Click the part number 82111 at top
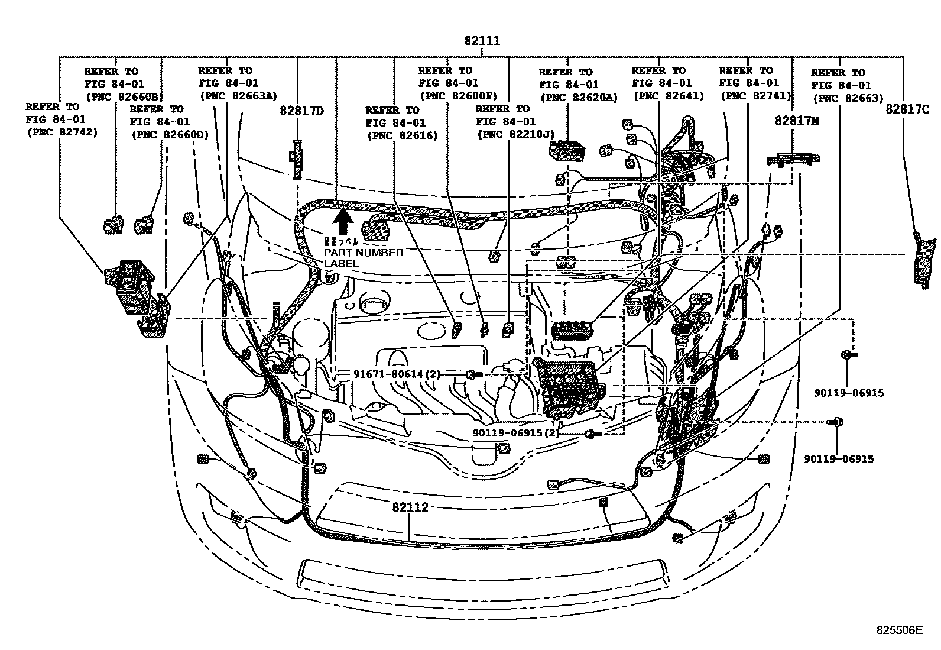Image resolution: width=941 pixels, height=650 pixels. tap(482, 41)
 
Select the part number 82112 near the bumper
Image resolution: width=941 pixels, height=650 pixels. tap(410, 507)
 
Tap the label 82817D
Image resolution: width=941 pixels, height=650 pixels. tap(301, 111)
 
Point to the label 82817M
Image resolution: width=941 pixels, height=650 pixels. tap(797, 121)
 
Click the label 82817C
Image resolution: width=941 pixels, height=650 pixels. tap(907, 109)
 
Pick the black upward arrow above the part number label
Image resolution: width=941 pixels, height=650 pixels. tap(343, 223)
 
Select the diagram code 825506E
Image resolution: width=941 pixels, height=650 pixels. tap(899, 630)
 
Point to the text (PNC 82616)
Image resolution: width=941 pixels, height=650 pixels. tap(402, 135)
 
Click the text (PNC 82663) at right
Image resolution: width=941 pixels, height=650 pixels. tap(847, 98)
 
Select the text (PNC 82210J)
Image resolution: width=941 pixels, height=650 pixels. tap(515, 134)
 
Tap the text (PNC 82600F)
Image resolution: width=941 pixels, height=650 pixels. tap(457, 96)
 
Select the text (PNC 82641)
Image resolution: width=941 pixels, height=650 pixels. tap(669, 96)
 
